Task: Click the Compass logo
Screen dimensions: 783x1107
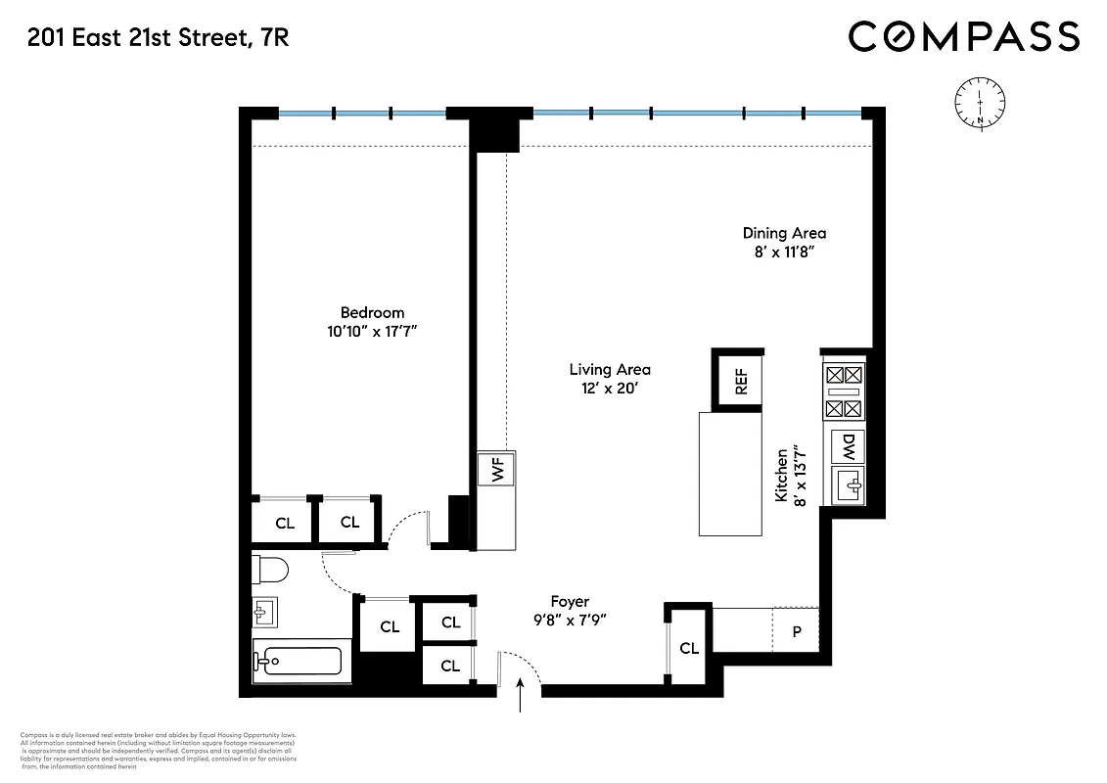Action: coord(963,37)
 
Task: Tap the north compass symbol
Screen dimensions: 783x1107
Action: coord(980,102)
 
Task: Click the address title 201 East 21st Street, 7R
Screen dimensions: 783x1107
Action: coord(158,38)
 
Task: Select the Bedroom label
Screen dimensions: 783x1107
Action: coord(372,313)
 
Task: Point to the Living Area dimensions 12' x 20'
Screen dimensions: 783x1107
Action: coord(610,389)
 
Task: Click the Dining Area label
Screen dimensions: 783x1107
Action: coord(784,233)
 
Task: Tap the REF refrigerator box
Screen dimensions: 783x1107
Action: coord(741,379)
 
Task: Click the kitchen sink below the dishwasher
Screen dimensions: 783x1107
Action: coord(848,484)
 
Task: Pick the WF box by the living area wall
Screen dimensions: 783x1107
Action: coord(496,470)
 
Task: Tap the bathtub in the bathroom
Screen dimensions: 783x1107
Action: coord(297,661)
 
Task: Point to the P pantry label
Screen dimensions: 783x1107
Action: coord(796,631)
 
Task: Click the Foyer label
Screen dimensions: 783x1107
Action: coord(570,602)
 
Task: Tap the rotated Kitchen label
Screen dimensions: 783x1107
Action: coord(782,476)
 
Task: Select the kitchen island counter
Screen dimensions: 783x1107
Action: coord(729,474)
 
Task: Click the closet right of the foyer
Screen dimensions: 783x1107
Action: coord(688,647)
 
